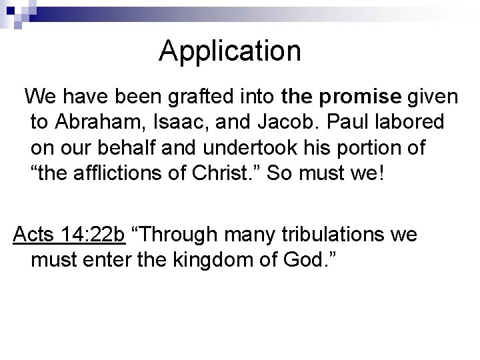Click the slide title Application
230,51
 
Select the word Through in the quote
181,235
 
